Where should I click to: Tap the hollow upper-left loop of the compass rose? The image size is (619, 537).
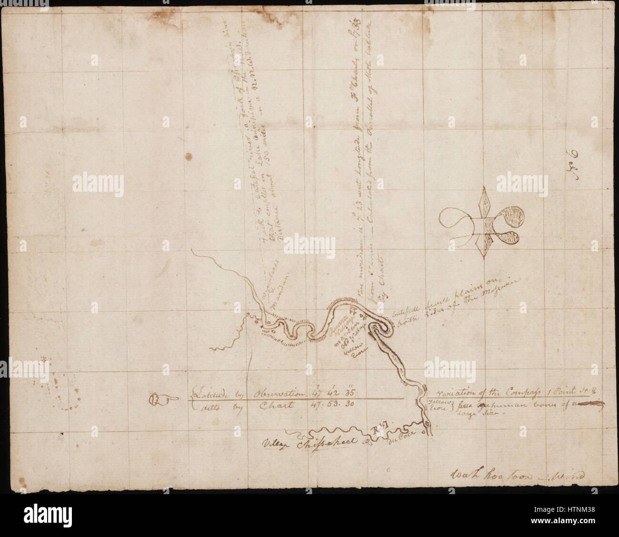pos(455,219)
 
